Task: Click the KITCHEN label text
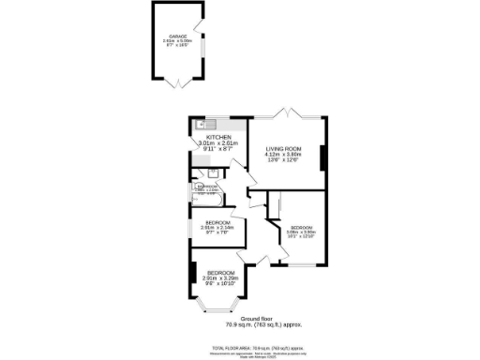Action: tap(218, 137)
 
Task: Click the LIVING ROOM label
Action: tap(283, 149)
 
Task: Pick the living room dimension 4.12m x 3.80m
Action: tap(283, 156)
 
